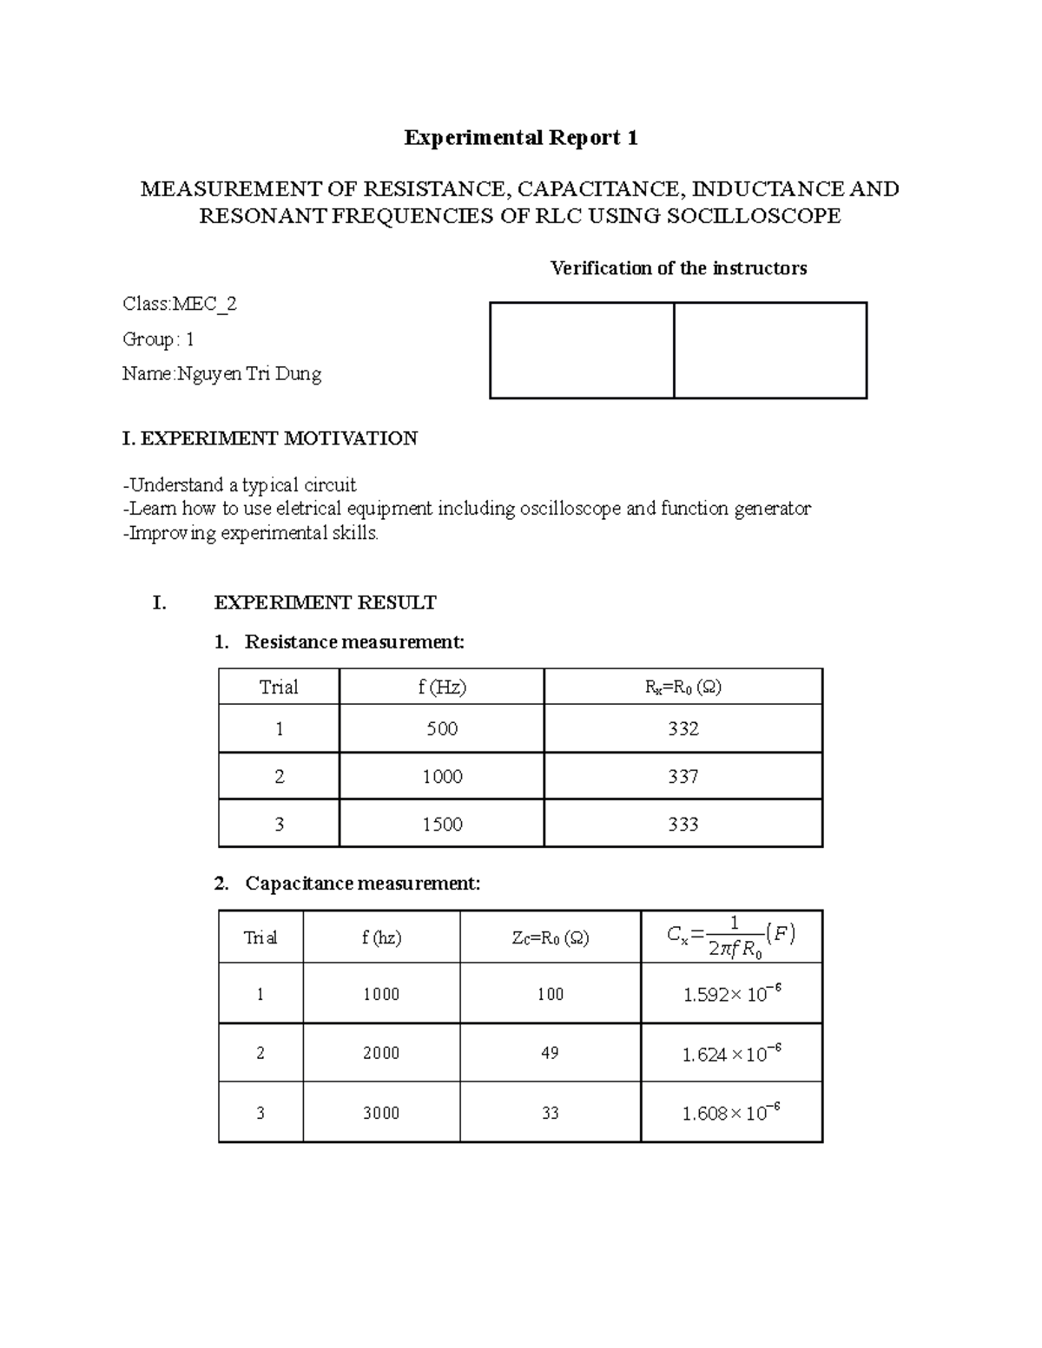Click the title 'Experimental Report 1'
pos(521,138)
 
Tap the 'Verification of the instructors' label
pos(678,268)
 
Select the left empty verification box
pos(582,351)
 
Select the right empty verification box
pos(770,351)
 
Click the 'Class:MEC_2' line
pos(180,304)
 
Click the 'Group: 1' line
pos(158,339)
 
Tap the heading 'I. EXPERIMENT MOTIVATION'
pos(270,438)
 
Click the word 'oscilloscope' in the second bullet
pos(570,509)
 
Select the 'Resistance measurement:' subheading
pos(354,642)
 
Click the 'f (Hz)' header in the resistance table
pos(442,687)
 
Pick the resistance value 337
pos(683,776)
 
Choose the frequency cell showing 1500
pos(442,824)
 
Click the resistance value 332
pos(683,728)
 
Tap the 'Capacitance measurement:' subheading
pos(362,884)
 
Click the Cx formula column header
pos(731,937)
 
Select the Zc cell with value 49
pos(550,1053)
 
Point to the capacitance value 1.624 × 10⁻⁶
pos(731,1054)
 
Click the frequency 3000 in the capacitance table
pos(381,1113)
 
